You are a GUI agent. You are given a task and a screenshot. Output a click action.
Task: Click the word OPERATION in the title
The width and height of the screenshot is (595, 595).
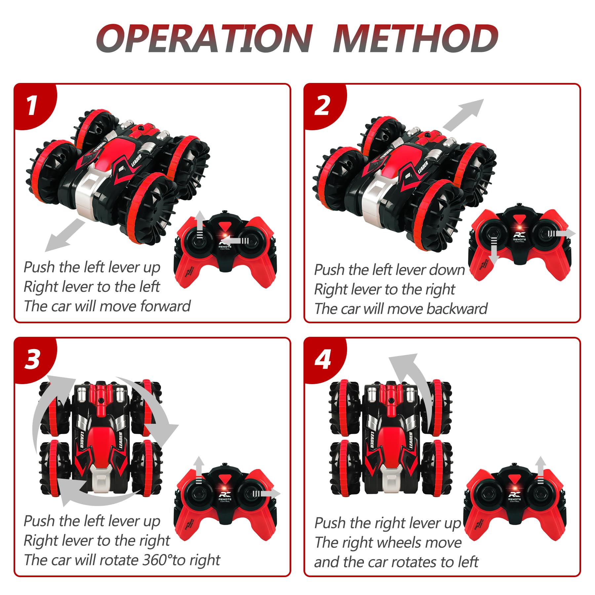[204, 39]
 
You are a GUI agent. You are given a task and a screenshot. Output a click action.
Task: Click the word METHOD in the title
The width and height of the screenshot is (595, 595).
[415, 39]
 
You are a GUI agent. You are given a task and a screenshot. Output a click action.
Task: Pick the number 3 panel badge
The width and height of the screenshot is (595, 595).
[32, 360]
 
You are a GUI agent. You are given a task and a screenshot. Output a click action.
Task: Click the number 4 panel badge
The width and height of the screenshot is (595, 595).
[323, 360]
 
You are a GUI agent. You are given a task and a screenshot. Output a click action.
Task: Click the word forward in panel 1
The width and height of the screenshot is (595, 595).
[165, 306]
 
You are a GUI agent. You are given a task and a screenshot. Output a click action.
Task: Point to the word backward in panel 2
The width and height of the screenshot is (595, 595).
[457, 309]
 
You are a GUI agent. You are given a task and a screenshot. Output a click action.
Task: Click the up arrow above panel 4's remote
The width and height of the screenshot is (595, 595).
[540, 470]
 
